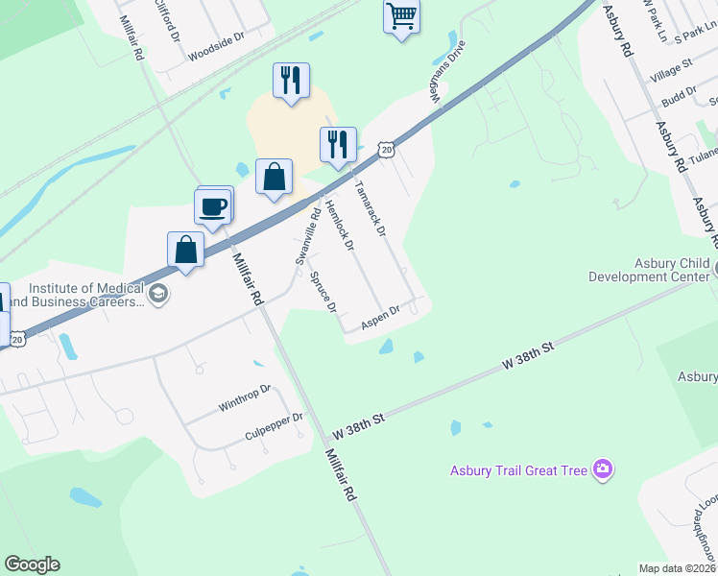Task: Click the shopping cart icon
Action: point(401,15)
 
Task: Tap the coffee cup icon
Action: point(212,205)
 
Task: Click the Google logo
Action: point(32,564)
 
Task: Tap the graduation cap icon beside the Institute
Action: point(159,294)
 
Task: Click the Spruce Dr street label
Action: point(323,291)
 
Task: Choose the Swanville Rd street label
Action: point(306,236)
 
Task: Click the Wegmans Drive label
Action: point(447,70)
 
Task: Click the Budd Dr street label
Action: point(679,97)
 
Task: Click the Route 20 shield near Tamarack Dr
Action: point(386,150)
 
